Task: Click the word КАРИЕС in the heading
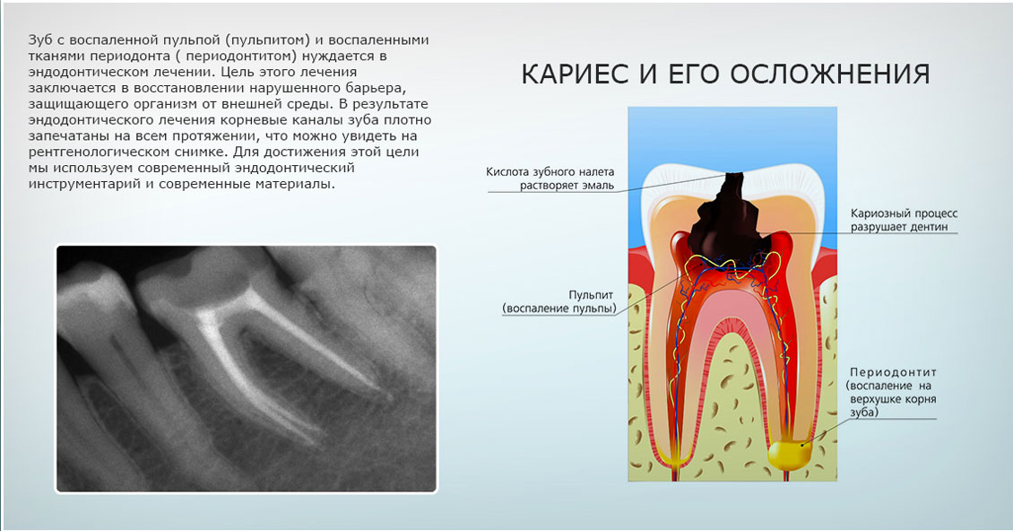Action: (575, 74)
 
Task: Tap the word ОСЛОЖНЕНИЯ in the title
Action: (830, 74)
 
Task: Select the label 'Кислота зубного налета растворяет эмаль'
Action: (550, 179)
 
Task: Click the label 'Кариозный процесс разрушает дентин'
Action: (904, 220)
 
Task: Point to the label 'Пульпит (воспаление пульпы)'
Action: (559, 301)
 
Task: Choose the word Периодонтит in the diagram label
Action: (893, 372)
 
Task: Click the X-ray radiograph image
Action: (247, 369)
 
